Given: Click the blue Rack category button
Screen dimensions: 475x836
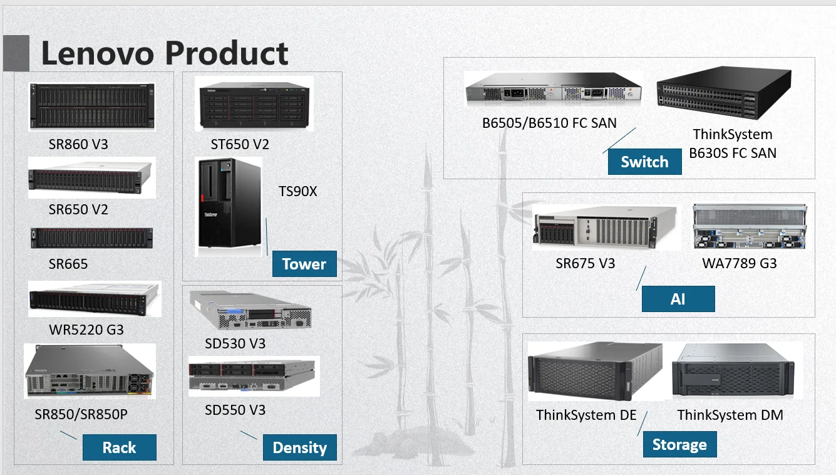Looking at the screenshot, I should [x=119, y=447].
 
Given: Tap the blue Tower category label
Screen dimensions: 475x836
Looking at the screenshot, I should [x=304, y=264].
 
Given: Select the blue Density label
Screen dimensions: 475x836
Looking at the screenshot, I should [x=299, y=447].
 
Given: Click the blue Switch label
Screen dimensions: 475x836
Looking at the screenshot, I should [x=644, y=162].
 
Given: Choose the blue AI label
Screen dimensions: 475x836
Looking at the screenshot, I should [x=678, y=299].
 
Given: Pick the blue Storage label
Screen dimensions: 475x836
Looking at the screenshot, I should [x=679, y=445].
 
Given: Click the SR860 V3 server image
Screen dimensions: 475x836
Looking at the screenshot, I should [x=91, y=107].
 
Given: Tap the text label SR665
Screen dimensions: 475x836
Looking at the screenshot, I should [x=68, y=264].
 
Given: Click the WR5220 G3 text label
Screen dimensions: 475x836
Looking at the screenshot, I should [x=86, y=329].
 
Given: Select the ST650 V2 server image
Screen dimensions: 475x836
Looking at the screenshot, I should [x=254, y=105].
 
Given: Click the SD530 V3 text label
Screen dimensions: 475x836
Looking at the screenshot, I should [x=235, y=343].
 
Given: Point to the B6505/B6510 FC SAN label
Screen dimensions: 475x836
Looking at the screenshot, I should [x=549, y=123].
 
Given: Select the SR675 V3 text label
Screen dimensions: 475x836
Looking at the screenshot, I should [x=585, y=263].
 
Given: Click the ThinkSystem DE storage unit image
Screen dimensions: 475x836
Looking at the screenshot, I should [x=595, y=372].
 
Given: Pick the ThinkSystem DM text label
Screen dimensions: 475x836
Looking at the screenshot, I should [x=730, y=415].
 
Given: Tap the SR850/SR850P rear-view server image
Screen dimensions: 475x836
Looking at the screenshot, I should [x=90, y=371].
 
